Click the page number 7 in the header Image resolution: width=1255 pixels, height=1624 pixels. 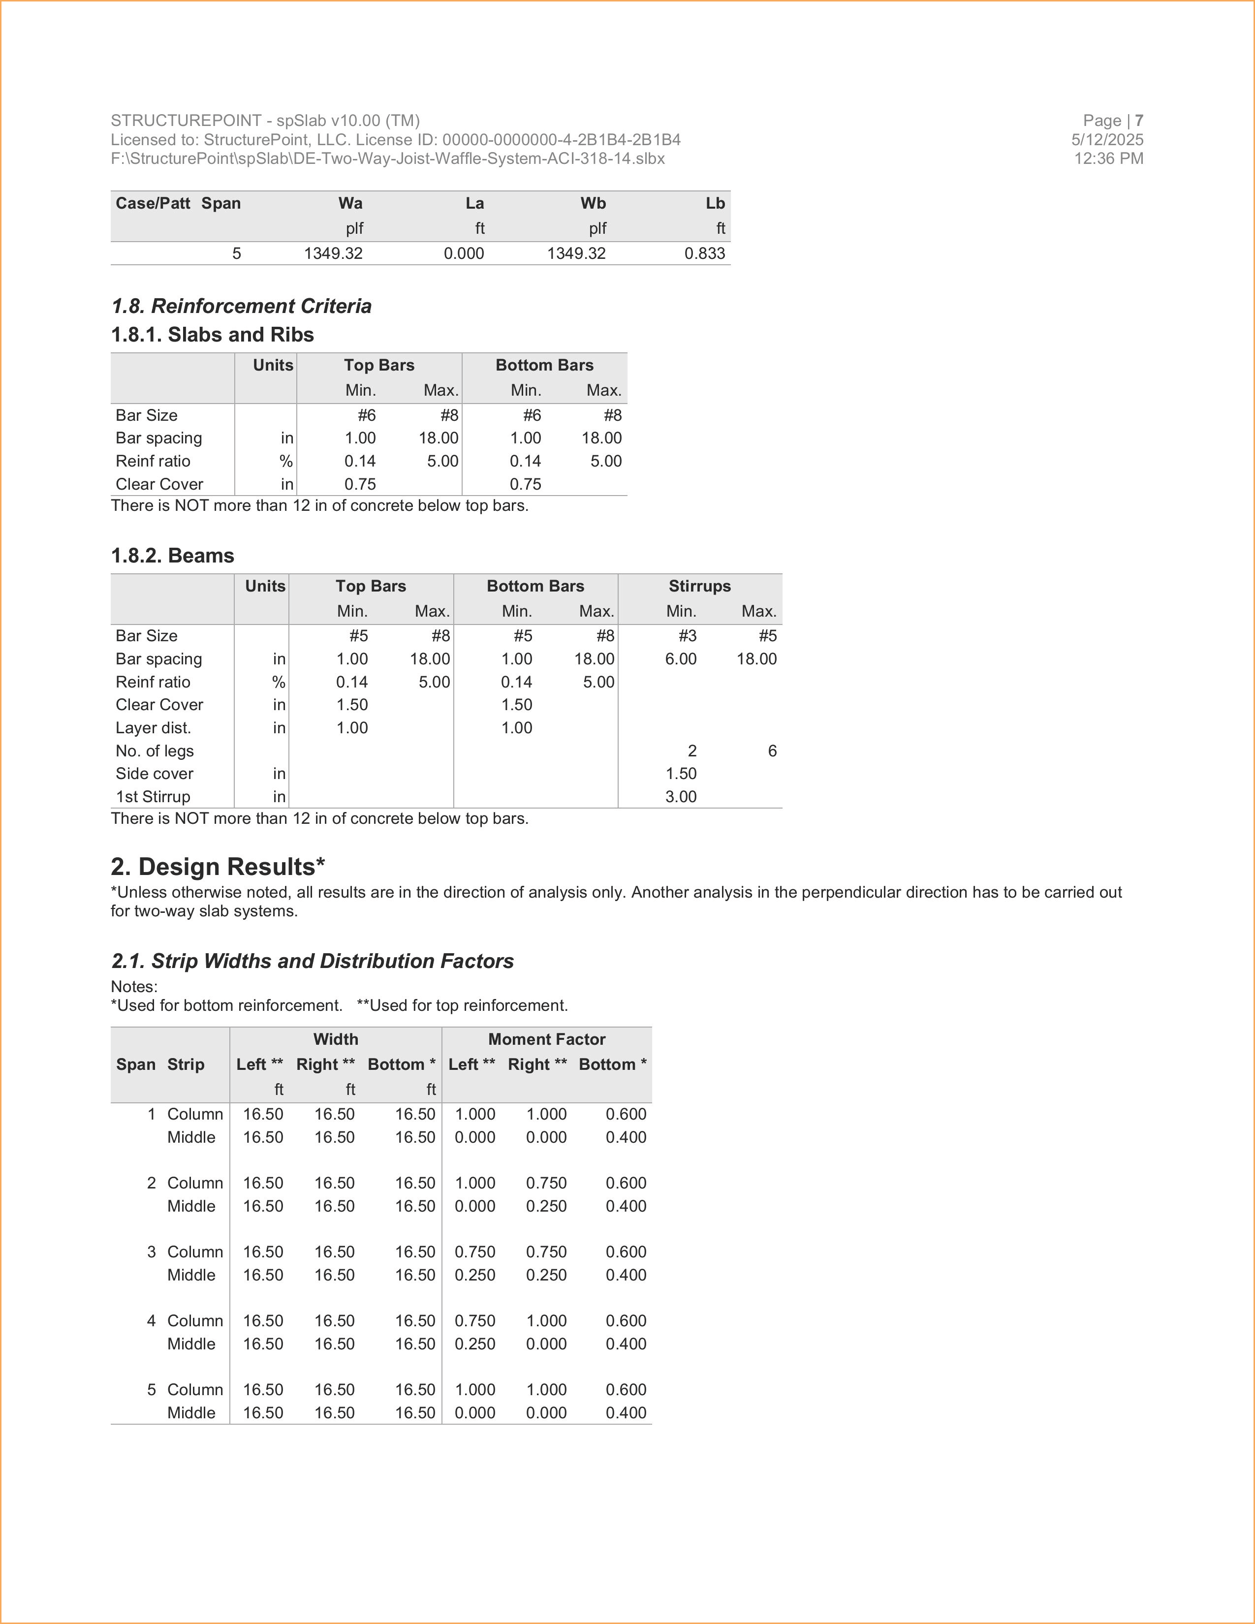click(1138, 121)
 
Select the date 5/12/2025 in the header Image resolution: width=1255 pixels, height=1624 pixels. click(1106, 140)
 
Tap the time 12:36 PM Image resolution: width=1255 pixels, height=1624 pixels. click(1108, 158)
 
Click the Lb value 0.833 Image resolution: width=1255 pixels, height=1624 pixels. click(704, 253)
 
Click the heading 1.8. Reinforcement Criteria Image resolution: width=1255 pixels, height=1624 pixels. click(241, 307)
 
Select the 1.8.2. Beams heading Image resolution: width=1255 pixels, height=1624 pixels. click(172, 556)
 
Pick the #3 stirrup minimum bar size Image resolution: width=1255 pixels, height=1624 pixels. click(687, 636)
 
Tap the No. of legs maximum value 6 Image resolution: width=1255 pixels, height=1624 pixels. click(772, 751)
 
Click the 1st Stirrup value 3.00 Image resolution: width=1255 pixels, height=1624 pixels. click(680, 797)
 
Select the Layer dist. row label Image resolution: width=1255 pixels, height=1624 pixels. click(153, 728)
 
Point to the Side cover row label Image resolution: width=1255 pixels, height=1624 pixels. click(154, 774)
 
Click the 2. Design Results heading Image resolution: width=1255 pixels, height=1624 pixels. click(217, 867)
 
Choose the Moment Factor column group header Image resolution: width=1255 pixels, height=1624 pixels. click(546, 1039)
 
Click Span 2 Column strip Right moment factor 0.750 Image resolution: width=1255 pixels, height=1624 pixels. click(546, 1183)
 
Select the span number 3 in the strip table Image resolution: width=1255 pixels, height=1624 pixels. click(151, 1252)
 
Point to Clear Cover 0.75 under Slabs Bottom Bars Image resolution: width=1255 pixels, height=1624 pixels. click(525, 484)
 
